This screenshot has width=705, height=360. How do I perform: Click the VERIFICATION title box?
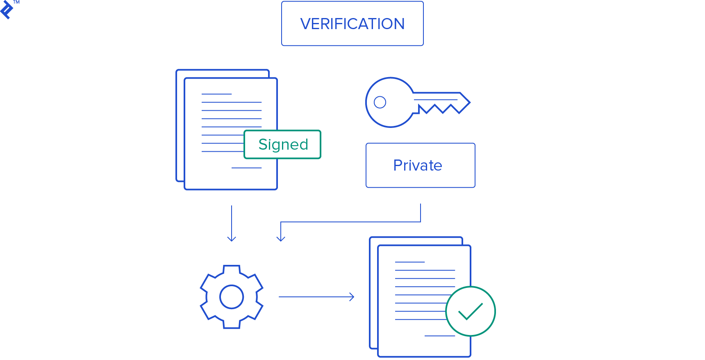(x=352, y=24)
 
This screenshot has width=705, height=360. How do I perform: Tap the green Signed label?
(x=282, y=144)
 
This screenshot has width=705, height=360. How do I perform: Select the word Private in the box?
(x=418, y=165)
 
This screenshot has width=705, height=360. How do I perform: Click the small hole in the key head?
(x=380, y=102)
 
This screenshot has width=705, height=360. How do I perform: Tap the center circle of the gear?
(x=232, y=296)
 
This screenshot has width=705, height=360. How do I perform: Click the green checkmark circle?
(x=470, y=312)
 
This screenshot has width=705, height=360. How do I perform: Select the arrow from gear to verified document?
(x=316, y=296)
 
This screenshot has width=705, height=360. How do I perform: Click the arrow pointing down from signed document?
(x=232, y=223)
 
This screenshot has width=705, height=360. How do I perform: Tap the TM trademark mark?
(x=16, y=2)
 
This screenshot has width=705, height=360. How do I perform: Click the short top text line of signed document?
(x=216, y=94)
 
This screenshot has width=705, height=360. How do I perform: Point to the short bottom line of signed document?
(x=246, y=168)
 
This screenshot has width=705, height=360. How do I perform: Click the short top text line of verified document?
(x=409, y=262)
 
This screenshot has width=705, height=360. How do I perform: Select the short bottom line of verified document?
(x=440, y=336)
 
